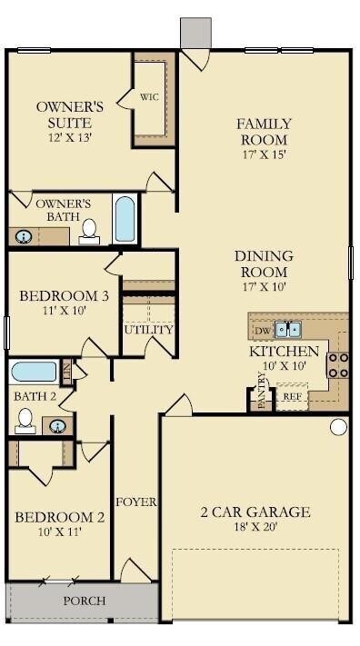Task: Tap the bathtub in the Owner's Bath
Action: (125, 219)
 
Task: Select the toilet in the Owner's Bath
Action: (89, 232)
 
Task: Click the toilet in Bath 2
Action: (25, 420)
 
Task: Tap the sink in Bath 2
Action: (57, 425)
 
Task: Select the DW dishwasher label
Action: (262, 330)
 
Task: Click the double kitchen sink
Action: (289, 329)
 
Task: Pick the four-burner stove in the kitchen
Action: (338, 365)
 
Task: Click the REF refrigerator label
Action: (292, 396)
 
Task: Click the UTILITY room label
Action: (148, 330)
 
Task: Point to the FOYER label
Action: (136, 502)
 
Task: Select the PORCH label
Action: (84, 601)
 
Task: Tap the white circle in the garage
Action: (338, 426)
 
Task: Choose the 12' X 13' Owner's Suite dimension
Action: (70, 138)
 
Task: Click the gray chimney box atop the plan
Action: (195, 33)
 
